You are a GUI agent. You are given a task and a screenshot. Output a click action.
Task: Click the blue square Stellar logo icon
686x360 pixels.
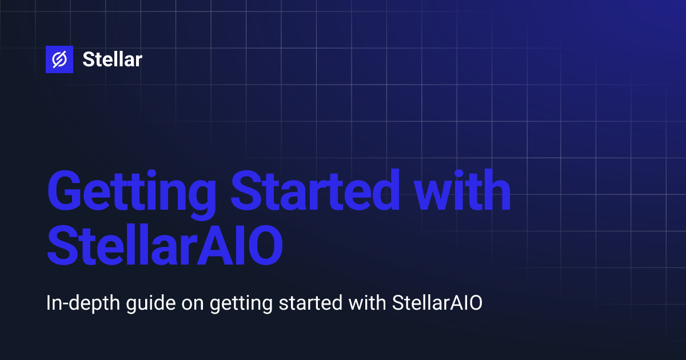pyautogui.click(x=59, y=59)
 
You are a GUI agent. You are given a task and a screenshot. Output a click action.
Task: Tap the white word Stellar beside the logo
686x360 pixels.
pyautogui.click(x=112, y=59)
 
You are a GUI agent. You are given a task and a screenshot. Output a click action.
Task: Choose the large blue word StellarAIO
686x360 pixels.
pyautogui.click(x=165, y=247)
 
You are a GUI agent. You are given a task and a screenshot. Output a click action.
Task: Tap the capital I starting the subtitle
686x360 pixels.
pyautogui.click(x=49, y=304)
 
